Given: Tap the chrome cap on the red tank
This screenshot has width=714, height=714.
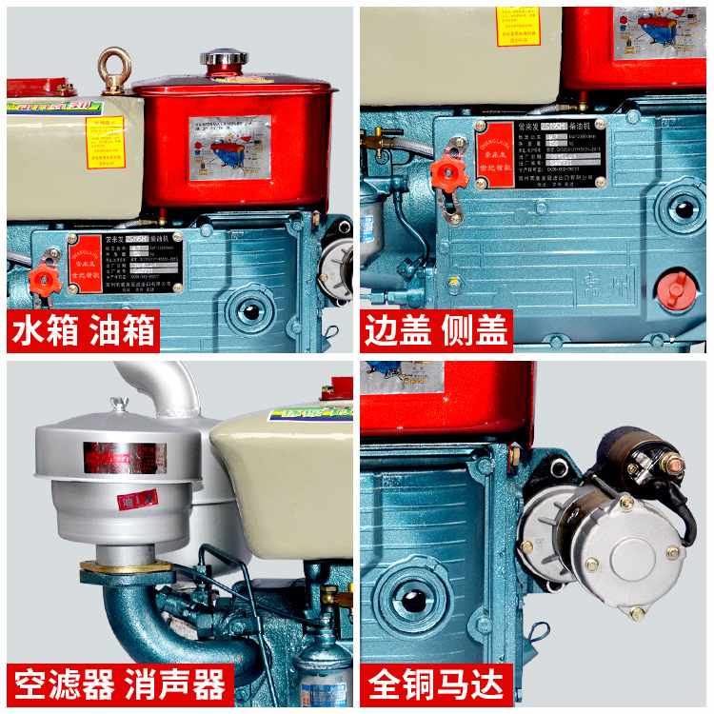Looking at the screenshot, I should point(224,59).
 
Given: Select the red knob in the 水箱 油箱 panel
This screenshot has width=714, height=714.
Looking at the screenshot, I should point(44,277).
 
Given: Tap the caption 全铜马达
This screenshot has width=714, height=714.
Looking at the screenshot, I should point(436,684).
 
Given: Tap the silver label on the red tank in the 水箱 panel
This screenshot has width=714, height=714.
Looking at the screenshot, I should point(228,148).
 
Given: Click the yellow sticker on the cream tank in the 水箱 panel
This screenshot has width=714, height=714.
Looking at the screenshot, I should point(105,142).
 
